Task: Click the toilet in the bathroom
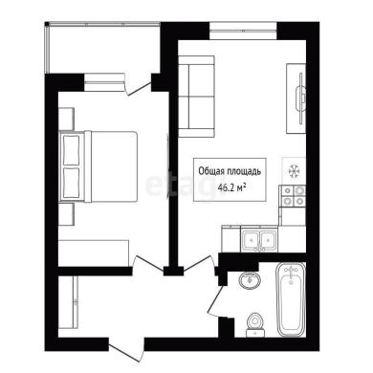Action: click(x=255, y=324)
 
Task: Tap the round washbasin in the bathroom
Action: click(x=250, y=280)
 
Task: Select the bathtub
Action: click(x=291, y=299)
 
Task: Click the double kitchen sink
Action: click(x=259, y=239)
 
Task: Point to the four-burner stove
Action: click(x=293, y=196)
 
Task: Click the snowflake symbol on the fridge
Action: click(x=294, y=171)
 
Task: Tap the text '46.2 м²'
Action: click(x=231, y=187)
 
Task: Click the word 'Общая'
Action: click(x=211, y=171)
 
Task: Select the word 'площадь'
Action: click(x=244, y=171)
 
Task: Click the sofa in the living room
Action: click(x=196, y=97)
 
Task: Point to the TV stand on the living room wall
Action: click(x=296, y=99)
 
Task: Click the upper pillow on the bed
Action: click(x=72, y=150)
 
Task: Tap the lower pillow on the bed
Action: click(x=72, y=183)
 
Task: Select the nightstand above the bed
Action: click(x=66, y=119)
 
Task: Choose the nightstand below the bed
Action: click(x=66, y=214)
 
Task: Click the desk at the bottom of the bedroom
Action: click(x=94, y=252)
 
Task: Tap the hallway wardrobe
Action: click(x=68, y=302)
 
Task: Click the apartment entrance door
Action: click(x=126, y=350)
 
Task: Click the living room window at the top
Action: click(x=243, y=31)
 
